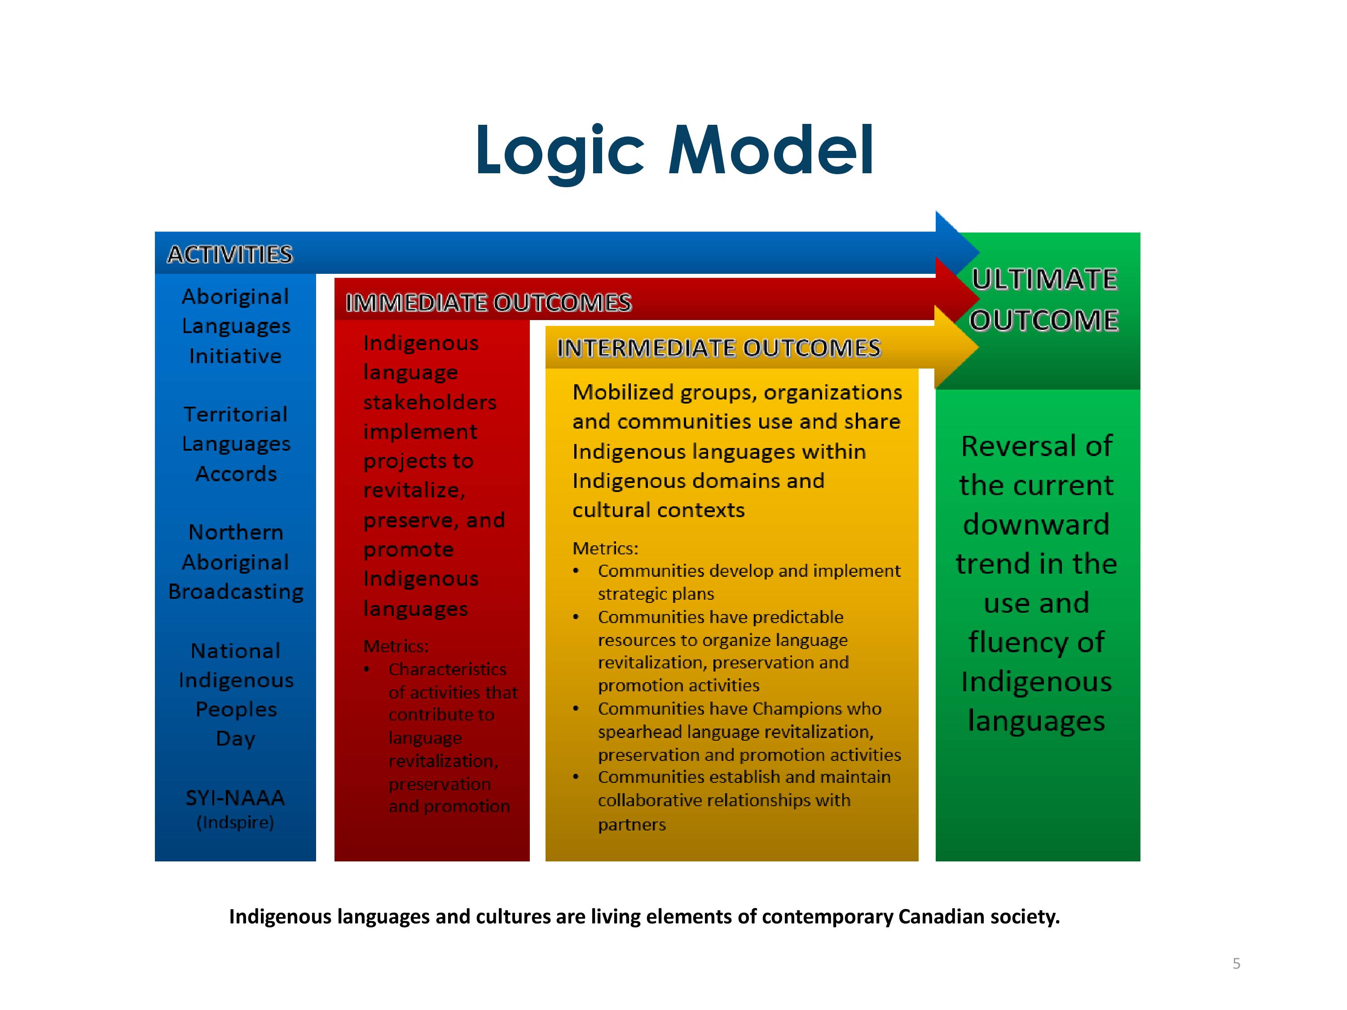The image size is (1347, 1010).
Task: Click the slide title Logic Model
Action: (675, 151)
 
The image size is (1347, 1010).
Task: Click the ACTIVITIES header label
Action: (230, 255)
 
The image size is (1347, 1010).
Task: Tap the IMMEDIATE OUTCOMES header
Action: (489, 303)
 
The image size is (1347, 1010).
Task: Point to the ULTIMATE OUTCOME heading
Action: (1044, 299)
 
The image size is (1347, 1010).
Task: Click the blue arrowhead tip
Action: (980, 251)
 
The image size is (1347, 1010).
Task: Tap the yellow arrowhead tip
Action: (978, 347)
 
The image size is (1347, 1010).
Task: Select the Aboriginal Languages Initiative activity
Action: (236, 326)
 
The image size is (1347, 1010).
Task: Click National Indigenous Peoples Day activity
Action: (236, 694)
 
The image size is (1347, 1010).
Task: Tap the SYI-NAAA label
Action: (235, 798)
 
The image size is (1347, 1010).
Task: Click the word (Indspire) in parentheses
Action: (235, 822)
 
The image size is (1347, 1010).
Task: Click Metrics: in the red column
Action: (396, 646)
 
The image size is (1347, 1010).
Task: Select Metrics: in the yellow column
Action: (605, 549)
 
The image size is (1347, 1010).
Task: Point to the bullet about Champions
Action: (737, 731)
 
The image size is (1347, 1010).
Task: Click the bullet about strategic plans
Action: (737, 582)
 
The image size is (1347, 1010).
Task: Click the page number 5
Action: (1236, 963)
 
